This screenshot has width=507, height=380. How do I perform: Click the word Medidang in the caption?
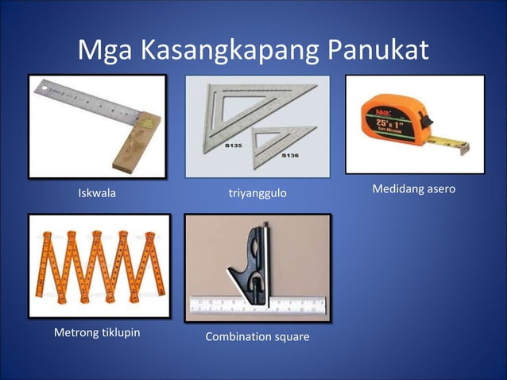point(397,189)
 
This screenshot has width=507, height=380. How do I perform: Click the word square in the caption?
point(292,338)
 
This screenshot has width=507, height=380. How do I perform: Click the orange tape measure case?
point(386,124)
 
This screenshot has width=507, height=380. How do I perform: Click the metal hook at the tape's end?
point(459,145)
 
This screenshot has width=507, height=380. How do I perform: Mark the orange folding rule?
point(99,266)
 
